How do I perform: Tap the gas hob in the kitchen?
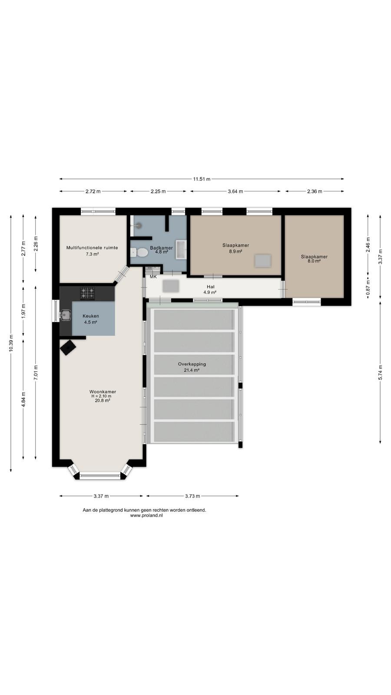point(87,293)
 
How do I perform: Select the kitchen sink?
point(65,315)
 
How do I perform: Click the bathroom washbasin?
point(181,249)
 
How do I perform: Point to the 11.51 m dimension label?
point(202,179)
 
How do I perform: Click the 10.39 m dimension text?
point(11,343)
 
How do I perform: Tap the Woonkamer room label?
point(103,391)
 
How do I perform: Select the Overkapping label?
point(192,364)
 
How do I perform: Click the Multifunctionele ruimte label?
point(92,248)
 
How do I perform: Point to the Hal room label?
point(211,287)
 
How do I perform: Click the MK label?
point(153,276)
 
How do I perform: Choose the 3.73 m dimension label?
point(192,496)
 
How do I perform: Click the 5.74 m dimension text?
point(381,372)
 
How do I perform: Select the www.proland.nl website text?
point(146,515)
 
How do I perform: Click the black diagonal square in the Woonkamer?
point(68,347)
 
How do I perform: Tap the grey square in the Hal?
point(171,286)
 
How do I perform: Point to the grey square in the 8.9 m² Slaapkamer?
point(263,261)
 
